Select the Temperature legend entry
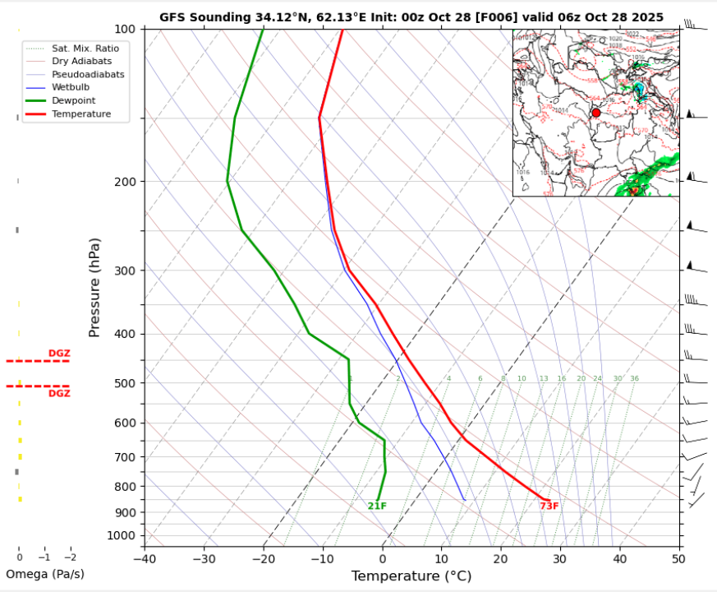pyautogui.click(x=80, y=113)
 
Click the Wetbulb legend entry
pyautogui.click(x=71, y=87)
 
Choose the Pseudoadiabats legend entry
pyautogui.click(x=87, y=74)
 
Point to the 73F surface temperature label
pyautogui.click(x=549, y=506)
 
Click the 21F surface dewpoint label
pyautogui.click(x=377, y=506)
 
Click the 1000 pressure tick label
pyautogui.click(x=122, y=536)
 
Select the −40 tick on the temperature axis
pyautogui.click(x=145, y=559)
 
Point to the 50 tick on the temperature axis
pyautogui.click(x=678, y=559)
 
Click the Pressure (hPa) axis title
pyautogui.click(x=95, y=287)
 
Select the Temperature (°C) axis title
pyautogui.click(x=411, y=576)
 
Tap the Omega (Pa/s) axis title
pyautogui.click(x=44, y=574)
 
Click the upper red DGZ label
pyautogui.click(x=59, y=353)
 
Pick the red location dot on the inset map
pyautogui.click(x=596, y=113)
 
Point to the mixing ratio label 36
pyautogui.click(x=634, y=378)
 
